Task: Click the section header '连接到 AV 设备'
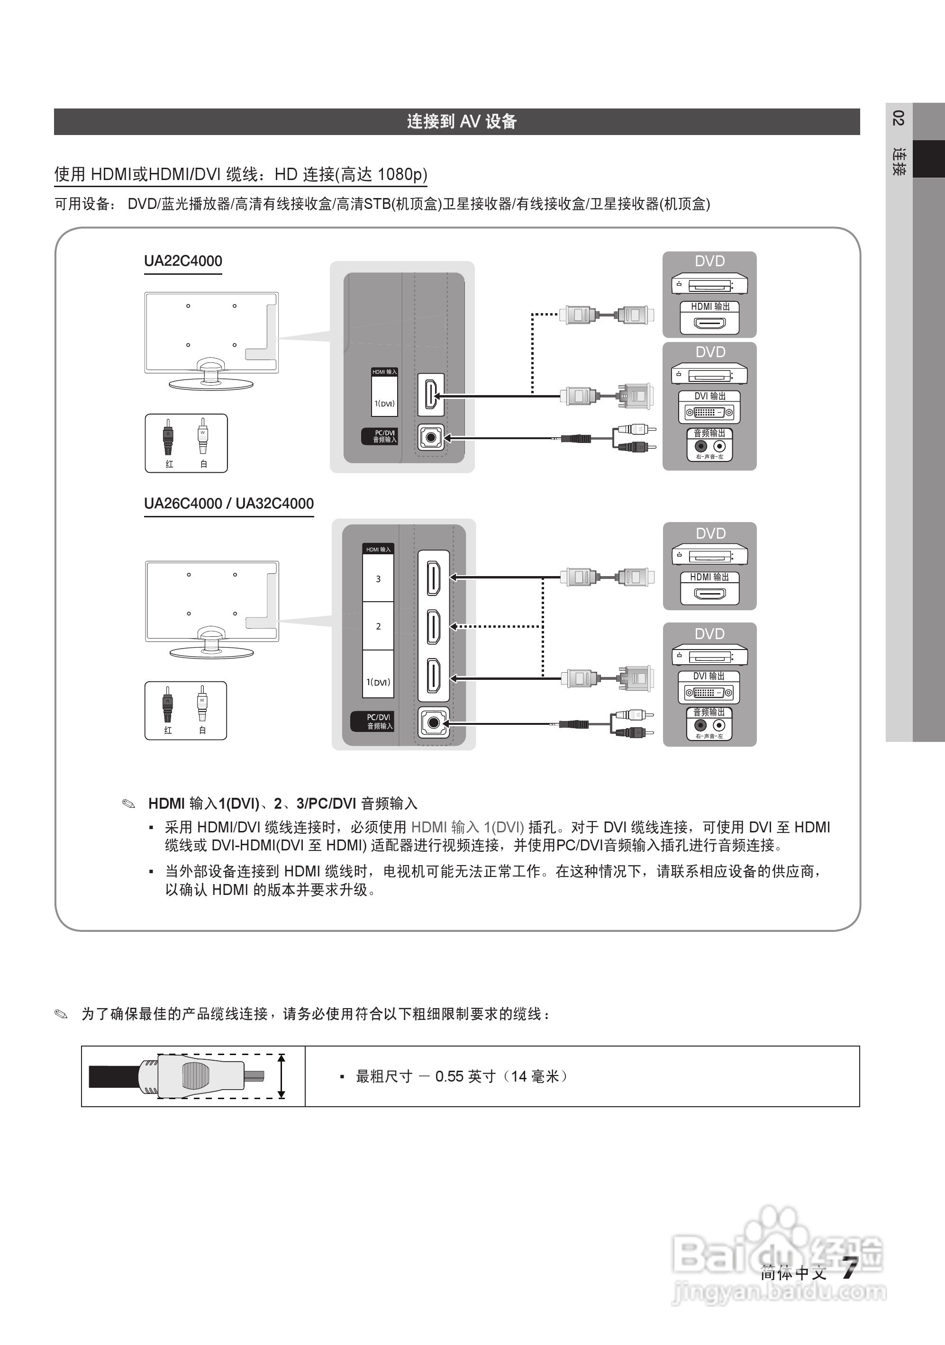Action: pyautogui.click(x=461, y=121)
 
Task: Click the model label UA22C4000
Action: pyautogui.click(x=183, y=261)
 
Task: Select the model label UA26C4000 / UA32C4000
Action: pyautogui.click(x=228, y=504)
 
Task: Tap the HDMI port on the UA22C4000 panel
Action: pyautogui.click(x=431, y=395)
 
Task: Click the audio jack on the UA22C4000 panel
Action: pyautogui.click(x=431, y=437)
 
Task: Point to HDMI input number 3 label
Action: pyautogui.click(x=378, y=579)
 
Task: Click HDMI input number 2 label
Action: pyautogui.click(x=378, y=626)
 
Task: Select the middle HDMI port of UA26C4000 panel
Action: pyautogui.click(x=434, y=626)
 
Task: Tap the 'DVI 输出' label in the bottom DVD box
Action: pyautogui.click(x=709, y=676)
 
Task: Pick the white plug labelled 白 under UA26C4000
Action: pyautogui.click(x=202, y=705)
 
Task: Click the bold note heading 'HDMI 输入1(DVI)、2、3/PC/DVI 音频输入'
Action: pyautogui.click(x=282, y=803)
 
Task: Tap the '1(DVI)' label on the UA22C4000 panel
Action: pyautogui.click(x=384, y=404)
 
